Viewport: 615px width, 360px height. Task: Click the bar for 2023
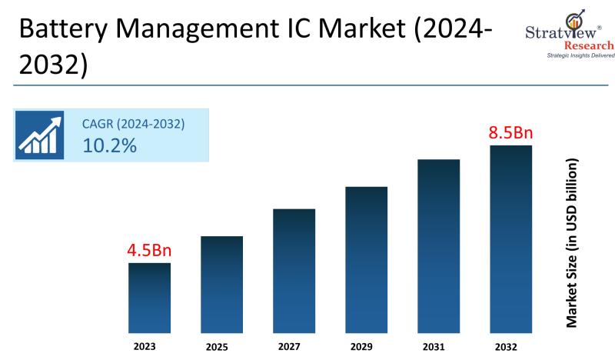149,298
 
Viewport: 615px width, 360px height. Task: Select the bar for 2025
221,285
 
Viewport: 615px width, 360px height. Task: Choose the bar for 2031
438,246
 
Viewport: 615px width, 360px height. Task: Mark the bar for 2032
510,239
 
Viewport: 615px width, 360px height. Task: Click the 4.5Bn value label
149,250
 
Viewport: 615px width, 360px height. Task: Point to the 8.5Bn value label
510,132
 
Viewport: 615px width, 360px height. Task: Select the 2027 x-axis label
294,347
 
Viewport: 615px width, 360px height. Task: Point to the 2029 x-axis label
366,347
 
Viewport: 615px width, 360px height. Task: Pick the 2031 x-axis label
438,347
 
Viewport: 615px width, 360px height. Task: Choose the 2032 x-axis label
510,347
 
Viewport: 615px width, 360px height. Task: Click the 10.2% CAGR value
109,145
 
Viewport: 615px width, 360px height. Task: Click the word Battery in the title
60,32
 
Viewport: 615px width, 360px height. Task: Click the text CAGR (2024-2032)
134,123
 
